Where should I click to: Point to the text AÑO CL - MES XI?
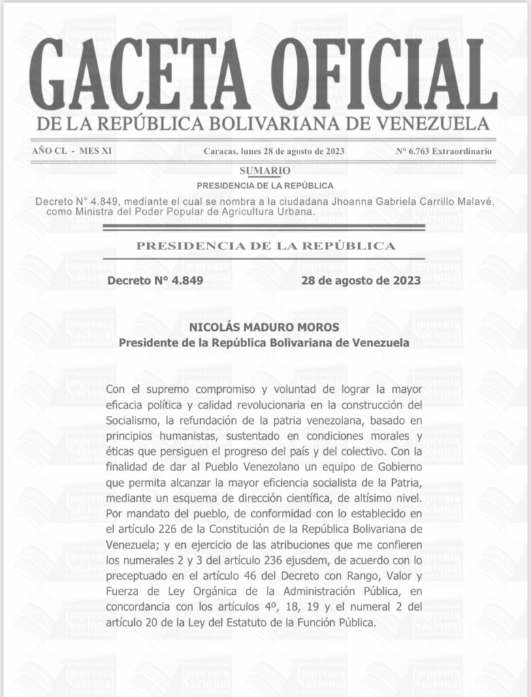[71, 151]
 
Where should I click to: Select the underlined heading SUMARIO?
[265, 170]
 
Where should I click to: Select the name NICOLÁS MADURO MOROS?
[265, 328]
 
